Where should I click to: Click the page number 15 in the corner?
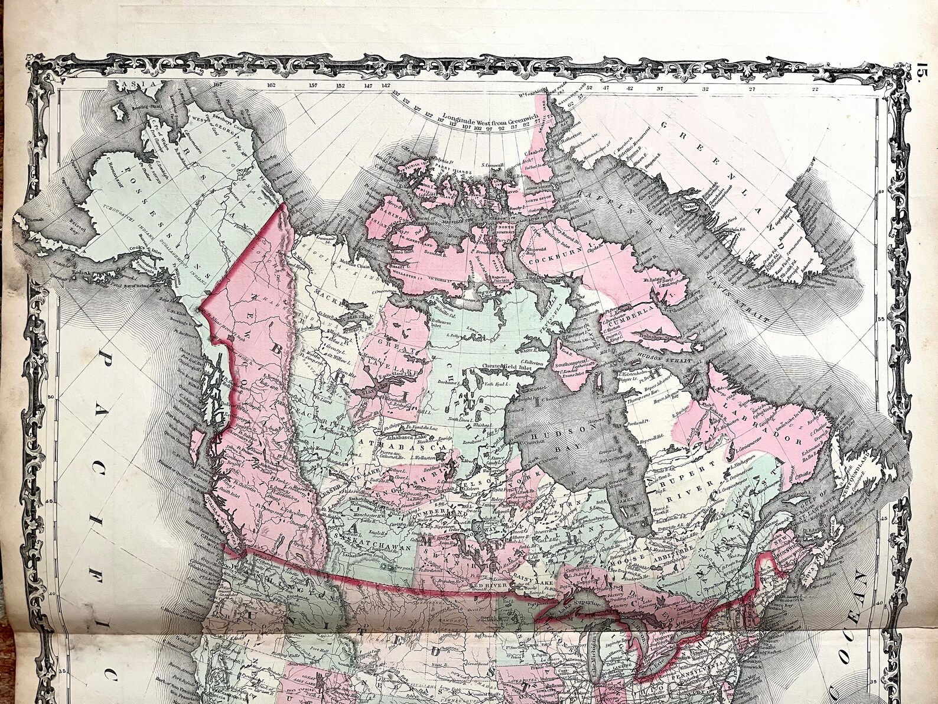click(x=923, y=76)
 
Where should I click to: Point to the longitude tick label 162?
click(x=271, y=85)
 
